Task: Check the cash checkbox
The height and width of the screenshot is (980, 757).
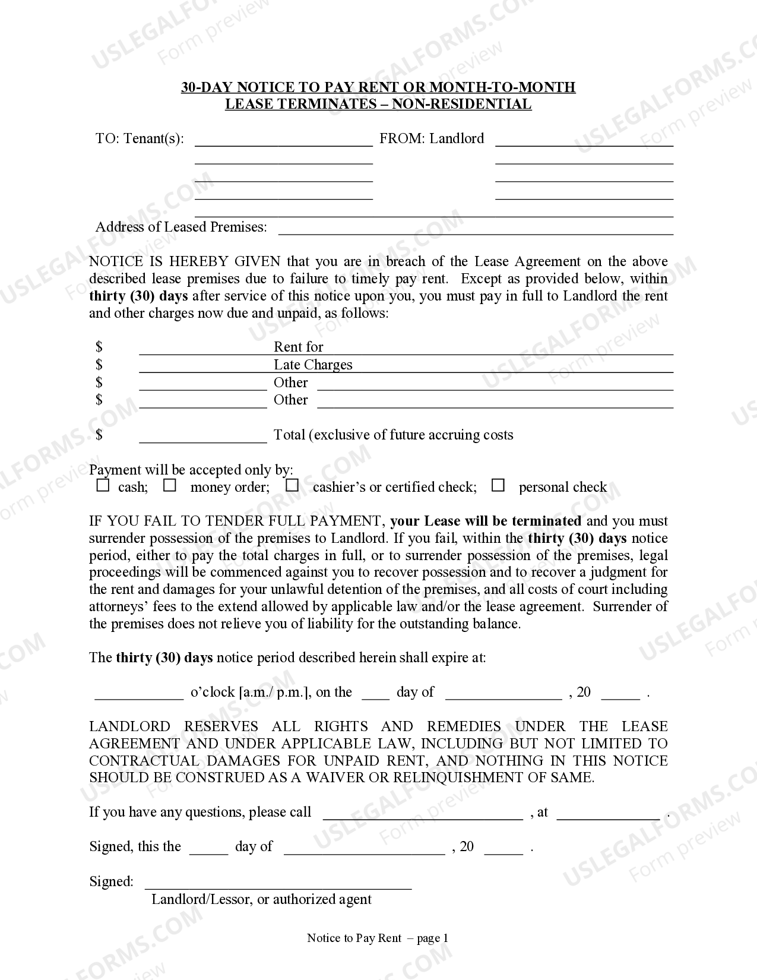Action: [x=103, y=486]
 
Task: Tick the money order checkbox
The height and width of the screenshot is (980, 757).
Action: [x=170, y=486]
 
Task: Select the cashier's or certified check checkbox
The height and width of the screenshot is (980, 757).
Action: [x=292, y=486]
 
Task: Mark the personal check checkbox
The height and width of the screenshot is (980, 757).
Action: [x=498, y=486]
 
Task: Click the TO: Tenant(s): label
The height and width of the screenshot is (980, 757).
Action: [x=140, y=139]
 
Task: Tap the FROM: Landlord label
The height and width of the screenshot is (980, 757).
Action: [x=432, y=139]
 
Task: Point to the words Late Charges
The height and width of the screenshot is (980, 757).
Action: [x=313, y=365]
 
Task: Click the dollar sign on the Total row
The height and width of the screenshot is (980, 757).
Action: [x=99, y=435]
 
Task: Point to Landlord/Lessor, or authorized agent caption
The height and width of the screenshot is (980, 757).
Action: [x=261, y=899]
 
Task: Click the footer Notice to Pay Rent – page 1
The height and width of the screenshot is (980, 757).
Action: [x=378, y=938]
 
